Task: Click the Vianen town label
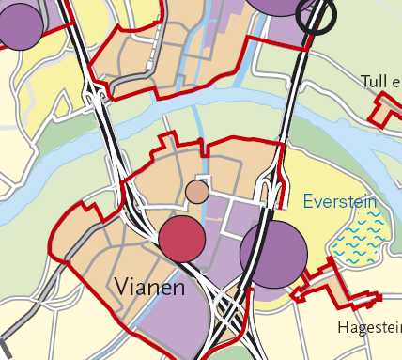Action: [149, 287]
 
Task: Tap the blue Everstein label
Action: [339, 201]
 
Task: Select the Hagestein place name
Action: [369, 328]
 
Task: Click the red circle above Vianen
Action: [181, 239]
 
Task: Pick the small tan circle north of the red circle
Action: [197, 192]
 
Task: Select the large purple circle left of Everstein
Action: [273, 254]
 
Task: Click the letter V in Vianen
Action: [121, 286]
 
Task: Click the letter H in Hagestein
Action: [341, 328]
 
